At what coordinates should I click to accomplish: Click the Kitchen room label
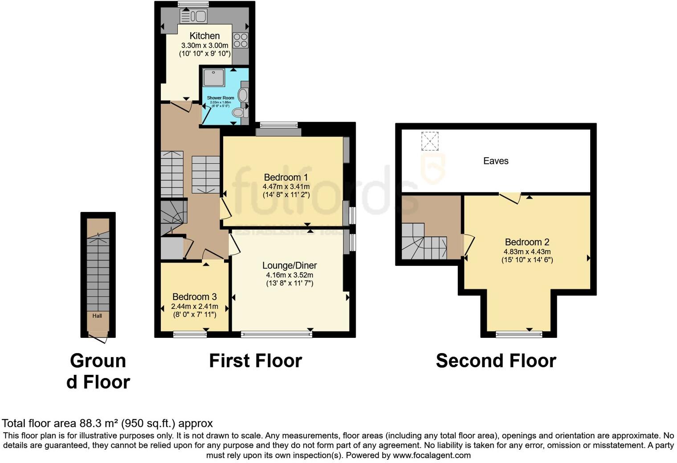coord(204,36)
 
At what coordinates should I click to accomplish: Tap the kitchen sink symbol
coord(194,16)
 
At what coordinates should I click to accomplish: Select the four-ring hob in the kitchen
coord(241,41)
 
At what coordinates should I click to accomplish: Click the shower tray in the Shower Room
coord(214,78)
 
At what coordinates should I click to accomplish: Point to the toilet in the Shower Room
coord(239,113)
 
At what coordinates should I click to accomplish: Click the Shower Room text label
coord(220,98)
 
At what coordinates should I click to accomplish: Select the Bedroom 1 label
coord(285,177)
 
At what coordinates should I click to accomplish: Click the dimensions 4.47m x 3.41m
coord(286,187)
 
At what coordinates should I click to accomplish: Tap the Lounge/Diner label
coord(290,265)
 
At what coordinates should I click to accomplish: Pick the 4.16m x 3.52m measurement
coord(290,275)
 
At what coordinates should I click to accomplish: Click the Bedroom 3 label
coord(195,296)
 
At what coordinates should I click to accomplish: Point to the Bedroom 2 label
coord(527,242)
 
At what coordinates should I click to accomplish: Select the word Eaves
coord(496,161)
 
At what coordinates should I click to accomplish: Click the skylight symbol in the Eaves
coord(430,141)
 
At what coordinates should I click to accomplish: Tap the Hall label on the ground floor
coord(97,316)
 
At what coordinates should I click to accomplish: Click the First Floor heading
coord(255,361)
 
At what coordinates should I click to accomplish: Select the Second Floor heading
coord(496,361)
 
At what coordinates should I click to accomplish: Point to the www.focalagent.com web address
coord(432,455)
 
